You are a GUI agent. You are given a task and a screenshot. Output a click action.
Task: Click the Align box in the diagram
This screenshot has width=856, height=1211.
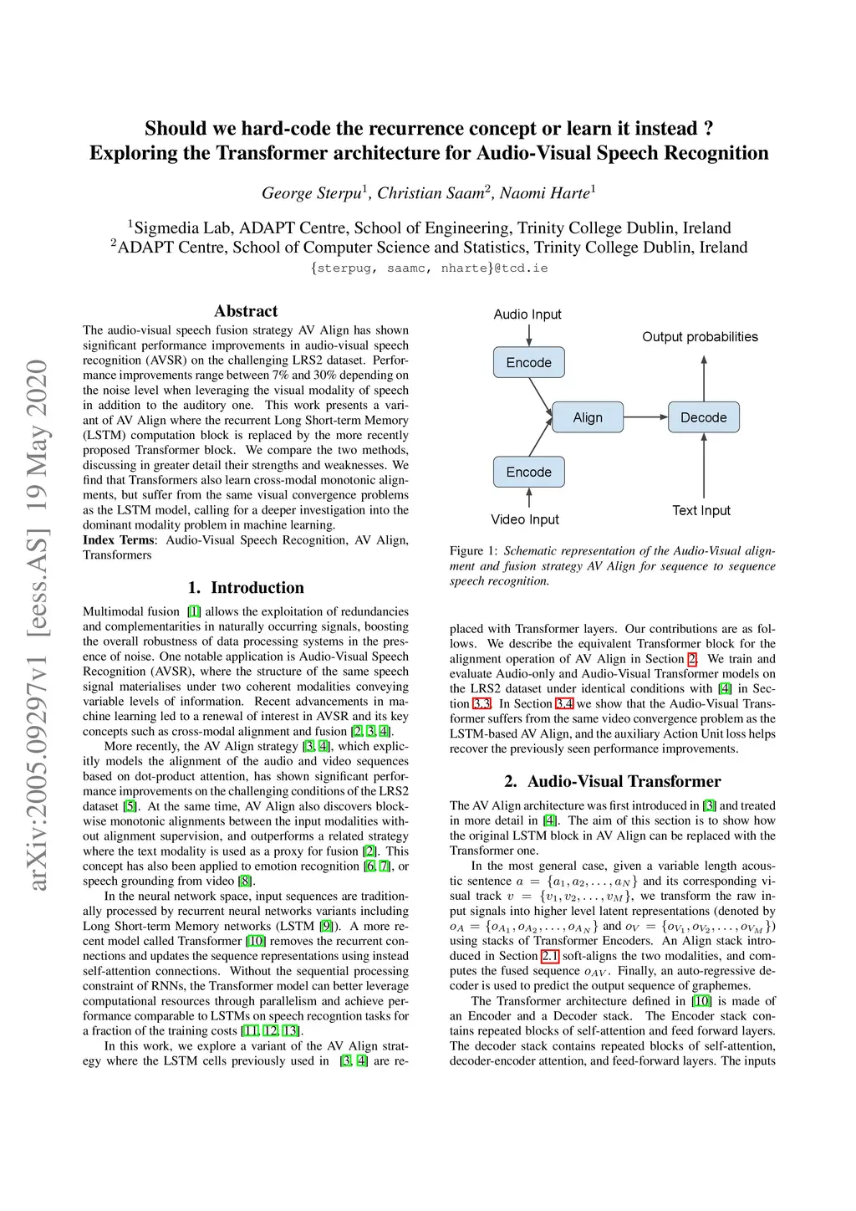588,417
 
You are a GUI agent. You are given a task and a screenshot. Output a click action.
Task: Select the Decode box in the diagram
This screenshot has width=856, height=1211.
704,417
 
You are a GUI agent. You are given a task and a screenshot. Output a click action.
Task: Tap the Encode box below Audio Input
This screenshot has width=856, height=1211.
528,363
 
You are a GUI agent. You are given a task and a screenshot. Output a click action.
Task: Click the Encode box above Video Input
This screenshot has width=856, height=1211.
528,472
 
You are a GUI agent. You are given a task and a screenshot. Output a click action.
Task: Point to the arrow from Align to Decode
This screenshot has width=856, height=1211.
645,417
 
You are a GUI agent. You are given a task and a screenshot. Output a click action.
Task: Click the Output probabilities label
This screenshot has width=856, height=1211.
700,337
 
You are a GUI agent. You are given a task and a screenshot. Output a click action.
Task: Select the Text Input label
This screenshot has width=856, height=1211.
701,510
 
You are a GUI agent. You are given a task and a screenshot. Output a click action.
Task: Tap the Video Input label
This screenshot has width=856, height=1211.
525,519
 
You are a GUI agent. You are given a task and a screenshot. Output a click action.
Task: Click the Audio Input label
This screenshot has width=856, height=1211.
527,314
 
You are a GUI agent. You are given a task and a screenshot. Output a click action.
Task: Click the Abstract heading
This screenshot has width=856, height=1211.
246,311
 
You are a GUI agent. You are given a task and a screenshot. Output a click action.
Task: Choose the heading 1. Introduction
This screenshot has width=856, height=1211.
246,588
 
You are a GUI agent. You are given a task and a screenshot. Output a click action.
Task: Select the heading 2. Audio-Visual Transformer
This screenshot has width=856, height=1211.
612,781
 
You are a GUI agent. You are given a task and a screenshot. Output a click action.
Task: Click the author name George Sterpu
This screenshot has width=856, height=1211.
312,193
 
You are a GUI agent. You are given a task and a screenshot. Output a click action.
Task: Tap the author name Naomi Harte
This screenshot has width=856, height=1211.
544,193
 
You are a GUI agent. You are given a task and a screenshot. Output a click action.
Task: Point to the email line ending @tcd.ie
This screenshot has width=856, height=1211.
429,268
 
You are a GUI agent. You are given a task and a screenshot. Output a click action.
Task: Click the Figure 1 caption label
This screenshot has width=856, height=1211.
473,551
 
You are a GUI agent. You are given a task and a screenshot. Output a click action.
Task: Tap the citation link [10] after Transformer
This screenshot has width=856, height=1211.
256,941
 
